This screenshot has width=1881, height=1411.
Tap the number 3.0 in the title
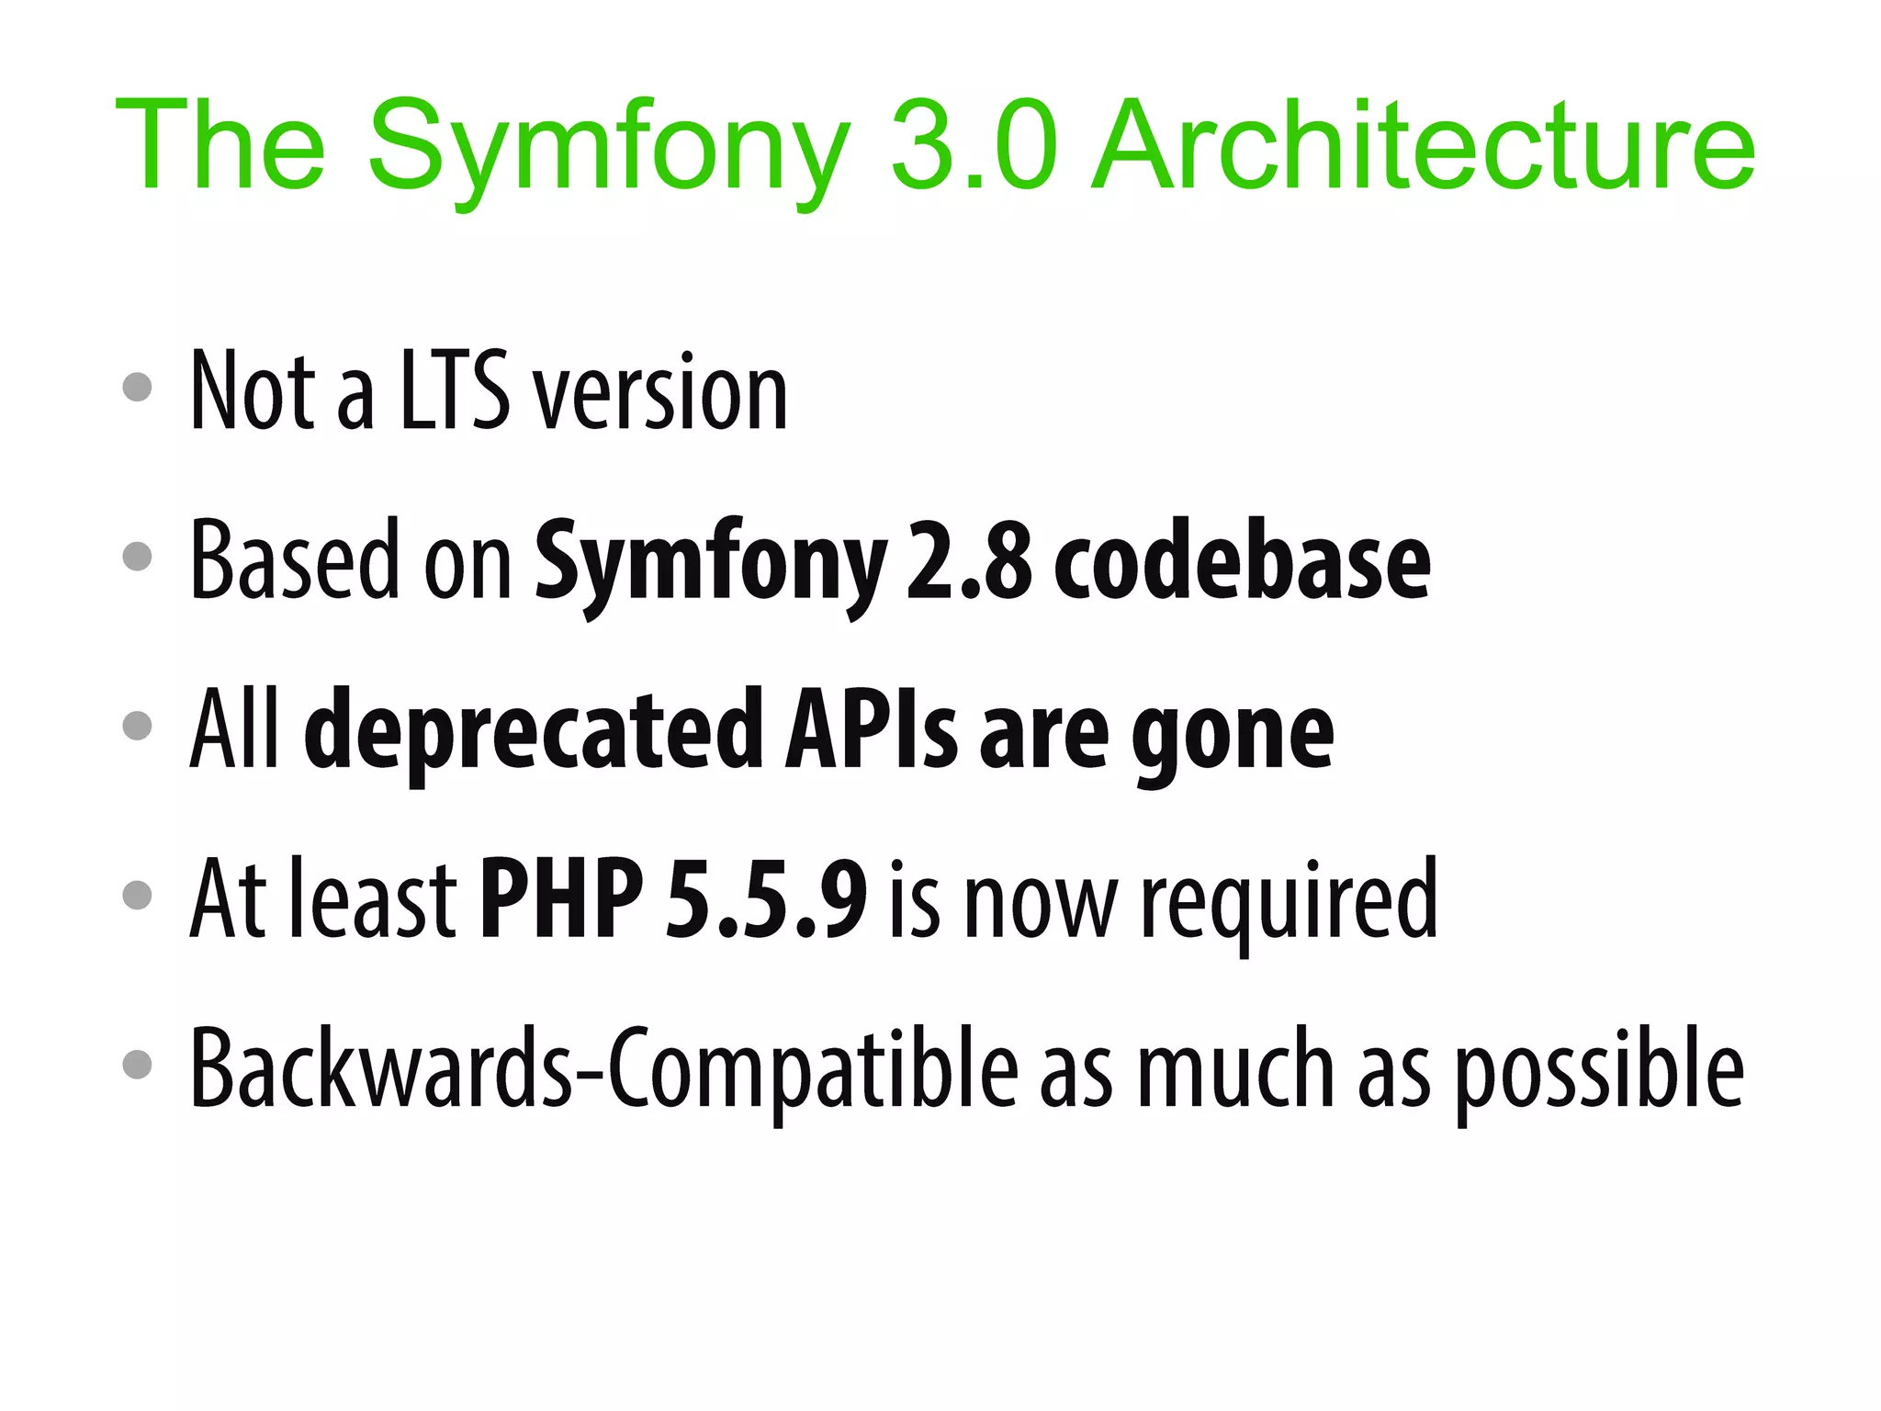(974, 147)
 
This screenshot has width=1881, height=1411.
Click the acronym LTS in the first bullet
(455, 390)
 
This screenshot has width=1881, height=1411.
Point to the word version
(661, 395)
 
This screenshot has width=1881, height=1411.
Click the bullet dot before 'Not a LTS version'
(137, 387)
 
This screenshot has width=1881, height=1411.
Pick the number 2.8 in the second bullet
(970, 560)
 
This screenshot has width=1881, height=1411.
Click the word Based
(294, 560)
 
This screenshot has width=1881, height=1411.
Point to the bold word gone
(1232, 735)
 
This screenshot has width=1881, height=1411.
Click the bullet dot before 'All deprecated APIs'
(137, 726)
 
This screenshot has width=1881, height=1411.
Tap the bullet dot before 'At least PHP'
(137, 895)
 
